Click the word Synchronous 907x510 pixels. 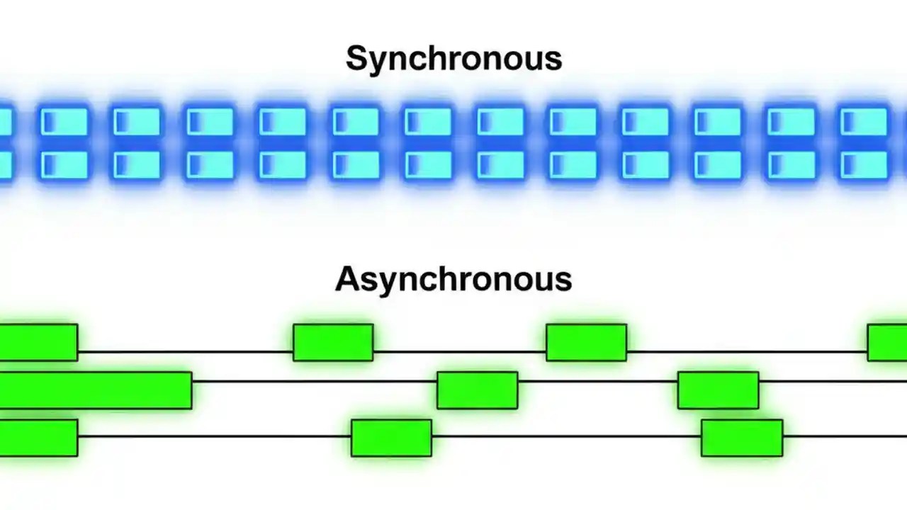click(x=453, y=59)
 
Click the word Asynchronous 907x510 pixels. click(x=453, y=280)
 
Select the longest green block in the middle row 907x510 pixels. click(x=95, y=390)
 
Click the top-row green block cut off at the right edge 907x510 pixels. click(x=887, y=343)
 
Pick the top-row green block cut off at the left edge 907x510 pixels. click(x=38, y=343)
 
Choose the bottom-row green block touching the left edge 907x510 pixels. click(x=38, y=438)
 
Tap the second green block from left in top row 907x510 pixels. click(x=333, y=343)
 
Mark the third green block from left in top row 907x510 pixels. click(x=586, y=343)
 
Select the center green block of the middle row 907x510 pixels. click(x=477, y=390)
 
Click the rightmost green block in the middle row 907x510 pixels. click(x=718, y=390)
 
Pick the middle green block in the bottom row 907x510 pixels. click(x=391, y=438)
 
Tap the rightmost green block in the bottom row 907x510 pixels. click(x=742, y=438)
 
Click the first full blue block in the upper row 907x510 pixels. click(x=64, y=122)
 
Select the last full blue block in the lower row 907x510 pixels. click(x=863, y=165)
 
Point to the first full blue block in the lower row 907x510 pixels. click(x=64, y=165)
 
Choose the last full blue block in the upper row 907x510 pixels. click(x=863, y=122)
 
